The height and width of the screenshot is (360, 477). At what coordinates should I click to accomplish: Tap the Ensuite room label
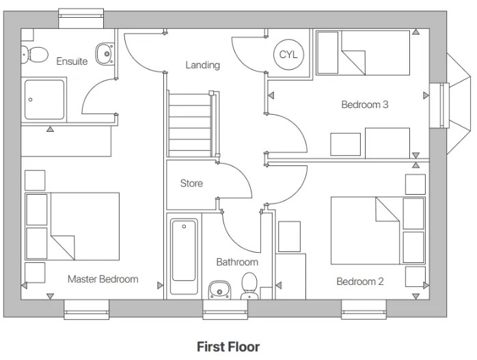(x=72, y=61)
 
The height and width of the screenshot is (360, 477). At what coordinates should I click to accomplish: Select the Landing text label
(x=203, y=66)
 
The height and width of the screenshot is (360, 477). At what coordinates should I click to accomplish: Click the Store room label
(x=191, y=183)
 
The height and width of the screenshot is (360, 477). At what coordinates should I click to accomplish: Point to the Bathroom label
(x=237, y=262)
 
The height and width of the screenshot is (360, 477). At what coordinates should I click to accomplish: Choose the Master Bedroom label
(x=103, y=279)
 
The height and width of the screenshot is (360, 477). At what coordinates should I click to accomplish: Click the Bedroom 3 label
(x=365, y=105)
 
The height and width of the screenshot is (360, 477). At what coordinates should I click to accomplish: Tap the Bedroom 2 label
(x=359, y=281)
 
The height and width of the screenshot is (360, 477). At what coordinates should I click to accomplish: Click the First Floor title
(x=228, y=347)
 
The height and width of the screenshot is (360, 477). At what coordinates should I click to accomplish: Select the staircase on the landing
(x=190, y=125)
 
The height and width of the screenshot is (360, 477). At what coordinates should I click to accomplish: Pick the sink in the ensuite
(x=105, y=53)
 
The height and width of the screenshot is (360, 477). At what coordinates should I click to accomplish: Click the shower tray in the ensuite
(x=45, y=99)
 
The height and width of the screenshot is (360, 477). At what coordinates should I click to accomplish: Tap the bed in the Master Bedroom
(x=72, y=225)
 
